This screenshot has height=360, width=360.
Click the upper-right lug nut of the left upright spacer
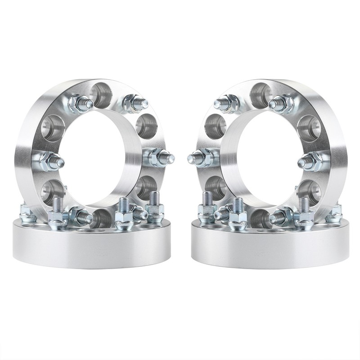pos(134,104)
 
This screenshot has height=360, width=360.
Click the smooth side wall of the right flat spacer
pos(270,250)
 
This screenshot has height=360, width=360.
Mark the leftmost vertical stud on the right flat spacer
pos(207,207)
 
